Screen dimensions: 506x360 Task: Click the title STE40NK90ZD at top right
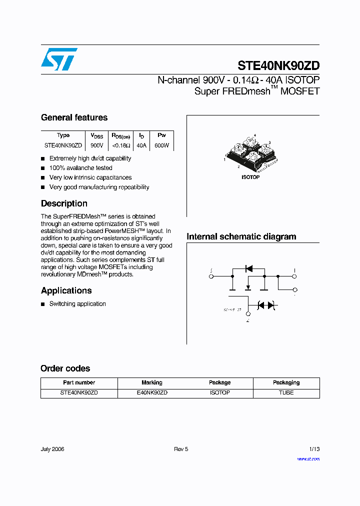(x=278, y=66)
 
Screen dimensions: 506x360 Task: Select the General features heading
(x=74, y=117)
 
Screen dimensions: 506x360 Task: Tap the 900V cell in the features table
(x=97, y=145)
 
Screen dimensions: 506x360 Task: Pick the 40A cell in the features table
(x=141, y=145)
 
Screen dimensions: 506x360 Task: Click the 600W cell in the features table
(x=161, y=145)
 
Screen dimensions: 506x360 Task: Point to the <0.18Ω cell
(x=120, y=145)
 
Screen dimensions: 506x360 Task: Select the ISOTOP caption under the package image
(x=250, y=177)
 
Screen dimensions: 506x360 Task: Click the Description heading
(x=64, y=203)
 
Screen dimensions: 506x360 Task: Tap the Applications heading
(x=66, y=290)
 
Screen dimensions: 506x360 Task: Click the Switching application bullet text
(x=77, y=304)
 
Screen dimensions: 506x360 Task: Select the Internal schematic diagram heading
(x=241, y=236)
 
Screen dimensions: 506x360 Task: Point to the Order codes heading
(x=65, y=368)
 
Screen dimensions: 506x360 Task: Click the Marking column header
(x=152, y=382)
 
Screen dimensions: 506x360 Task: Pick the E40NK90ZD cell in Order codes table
(x=152, y=393)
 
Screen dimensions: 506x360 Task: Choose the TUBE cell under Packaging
(x=286, y=393)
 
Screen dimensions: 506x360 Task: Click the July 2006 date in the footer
(x=52, y=449)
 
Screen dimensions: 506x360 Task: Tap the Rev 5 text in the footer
(x=181, y=449)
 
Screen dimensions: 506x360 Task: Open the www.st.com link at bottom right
(x=308, y=458)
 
